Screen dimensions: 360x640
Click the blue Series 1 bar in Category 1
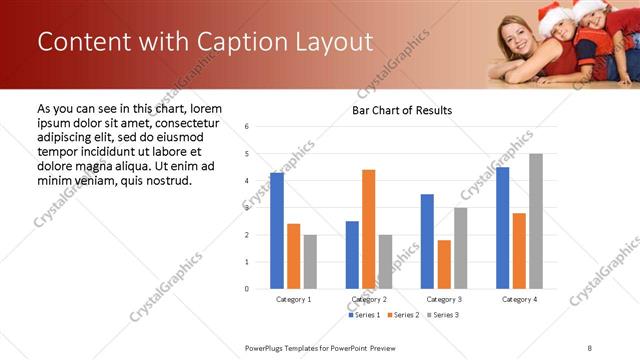click(277, 231)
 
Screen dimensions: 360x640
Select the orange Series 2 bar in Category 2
click(369, 229)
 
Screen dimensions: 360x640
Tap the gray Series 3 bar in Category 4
click(536, 221)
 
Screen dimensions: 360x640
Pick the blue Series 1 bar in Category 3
click(427, 241)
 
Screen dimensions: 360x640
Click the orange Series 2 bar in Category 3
click(444, 264)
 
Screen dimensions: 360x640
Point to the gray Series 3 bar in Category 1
click(310, 261)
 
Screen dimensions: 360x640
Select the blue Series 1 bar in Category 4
click(502, 228)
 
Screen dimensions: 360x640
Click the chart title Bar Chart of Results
click(402, 110)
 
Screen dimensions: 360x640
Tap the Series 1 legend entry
click(364, 315)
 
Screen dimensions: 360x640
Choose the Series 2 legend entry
click(403, 315)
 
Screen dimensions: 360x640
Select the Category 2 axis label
click(369, 299)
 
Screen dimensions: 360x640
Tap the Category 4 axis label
click(519, 299)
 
